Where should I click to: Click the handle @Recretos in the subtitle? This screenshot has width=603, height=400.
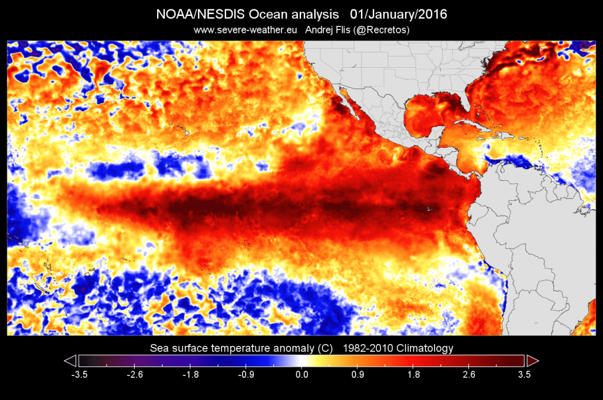[x=382, y=29]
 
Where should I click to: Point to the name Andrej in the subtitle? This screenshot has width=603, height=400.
[x=323, y=29]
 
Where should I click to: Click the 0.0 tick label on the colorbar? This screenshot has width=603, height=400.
[x=301, y=373]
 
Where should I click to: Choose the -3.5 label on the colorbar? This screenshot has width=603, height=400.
[x=78, y=373]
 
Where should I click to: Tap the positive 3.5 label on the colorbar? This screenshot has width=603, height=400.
[x=524, y=373]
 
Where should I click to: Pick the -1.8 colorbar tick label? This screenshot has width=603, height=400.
[x=190, y=373]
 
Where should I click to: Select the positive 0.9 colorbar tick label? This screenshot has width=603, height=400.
[x=357, y=373]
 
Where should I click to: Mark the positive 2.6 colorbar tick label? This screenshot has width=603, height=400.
[x=469, y=373]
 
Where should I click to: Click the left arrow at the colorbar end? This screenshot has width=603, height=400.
[x=70, y=361]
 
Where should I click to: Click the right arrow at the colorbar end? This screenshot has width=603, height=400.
[x=532, y=361]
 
